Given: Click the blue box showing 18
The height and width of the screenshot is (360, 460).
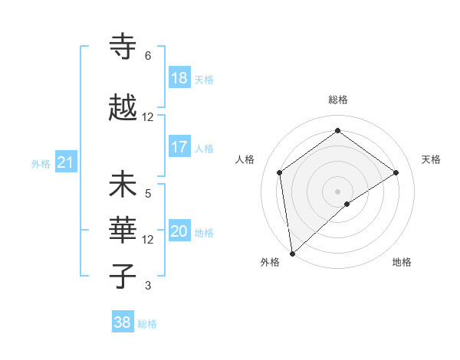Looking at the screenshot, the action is coord(179,79).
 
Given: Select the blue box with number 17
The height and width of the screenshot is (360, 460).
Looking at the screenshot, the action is coord(179,148).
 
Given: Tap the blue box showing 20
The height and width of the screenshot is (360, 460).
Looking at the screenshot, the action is coord(179,232).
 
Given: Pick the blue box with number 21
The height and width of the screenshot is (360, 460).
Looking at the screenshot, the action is coord(65,163).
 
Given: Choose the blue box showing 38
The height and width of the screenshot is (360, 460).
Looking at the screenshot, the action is coord(123,323).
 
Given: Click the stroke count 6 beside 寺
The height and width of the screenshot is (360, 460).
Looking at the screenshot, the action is coord(148,56).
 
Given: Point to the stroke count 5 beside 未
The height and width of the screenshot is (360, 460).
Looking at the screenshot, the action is coord(148,194).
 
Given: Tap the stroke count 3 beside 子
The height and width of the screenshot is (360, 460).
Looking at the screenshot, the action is coord(148,286).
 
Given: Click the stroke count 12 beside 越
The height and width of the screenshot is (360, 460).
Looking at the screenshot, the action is coord(148,117).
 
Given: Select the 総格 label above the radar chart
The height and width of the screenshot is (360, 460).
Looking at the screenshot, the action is coord(338,100).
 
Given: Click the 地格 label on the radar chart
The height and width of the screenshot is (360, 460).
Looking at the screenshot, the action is coord(402,262).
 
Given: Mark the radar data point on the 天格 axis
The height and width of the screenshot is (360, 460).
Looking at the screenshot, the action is coord(396,172).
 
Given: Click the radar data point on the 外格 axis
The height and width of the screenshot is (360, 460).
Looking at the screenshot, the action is coord(291,254).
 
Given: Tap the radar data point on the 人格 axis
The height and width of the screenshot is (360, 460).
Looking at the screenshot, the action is coord(280,172).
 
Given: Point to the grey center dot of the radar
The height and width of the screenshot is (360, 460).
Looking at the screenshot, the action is coord(338,191).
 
